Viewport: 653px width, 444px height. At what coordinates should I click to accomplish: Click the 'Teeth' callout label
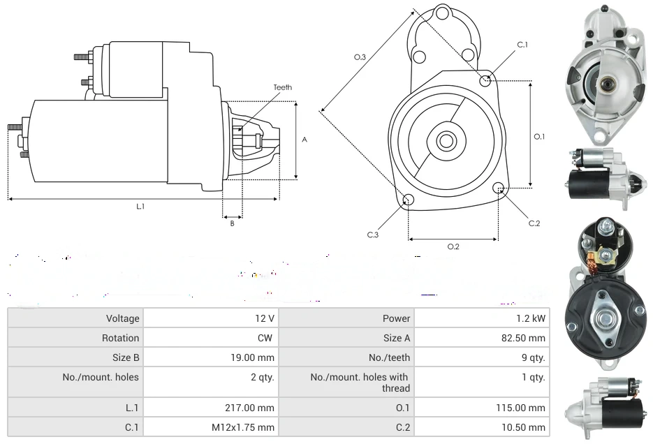[283, 87]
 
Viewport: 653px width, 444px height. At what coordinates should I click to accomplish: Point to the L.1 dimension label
[140, 206]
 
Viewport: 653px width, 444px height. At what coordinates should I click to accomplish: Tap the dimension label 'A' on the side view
[304, 140]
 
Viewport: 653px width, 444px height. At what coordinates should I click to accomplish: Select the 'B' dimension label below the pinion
[233, 223]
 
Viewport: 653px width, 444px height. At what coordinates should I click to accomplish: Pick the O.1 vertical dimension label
[539, 137]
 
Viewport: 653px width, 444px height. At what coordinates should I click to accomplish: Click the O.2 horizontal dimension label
[453, 246]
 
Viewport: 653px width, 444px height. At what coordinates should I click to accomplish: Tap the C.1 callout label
[522, 45]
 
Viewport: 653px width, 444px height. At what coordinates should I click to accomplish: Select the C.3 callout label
[373, 235]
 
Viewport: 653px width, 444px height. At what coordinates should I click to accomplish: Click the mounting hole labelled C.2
[499, 188]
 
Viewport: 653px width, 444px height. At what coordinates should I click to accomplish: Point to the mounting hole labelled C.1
[486, 81]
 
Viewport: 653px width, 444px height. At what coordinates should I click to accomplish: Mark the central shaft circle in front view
[446, 141]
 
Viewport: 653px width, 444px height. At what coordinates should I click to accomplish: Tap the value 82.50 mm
[528, 338]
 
